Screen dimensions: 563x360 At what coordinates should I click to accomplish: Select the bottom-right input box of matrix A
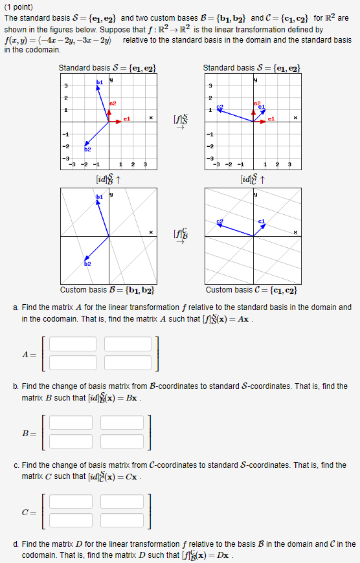pyautogui.click(x=127, y=362)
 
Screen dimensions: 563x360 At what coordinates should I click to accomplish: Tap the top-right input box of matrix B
pyautogui.click(x=124, y=423)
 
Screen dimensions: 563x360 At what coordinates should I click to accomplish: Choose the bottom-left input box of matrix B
pyautogui.click(x=69, y=441)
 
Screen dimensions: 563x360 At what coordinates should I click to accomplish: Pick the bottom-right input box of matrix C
pyautogui.click(x=123, y=520)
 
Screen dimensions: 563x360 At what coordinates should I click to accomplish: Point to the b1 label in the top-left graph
pyautogui.click(x=99, y=82)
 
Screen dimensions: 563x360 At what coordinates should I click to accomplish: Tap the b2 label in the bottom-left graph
pyautogui.click(x=87, y=264)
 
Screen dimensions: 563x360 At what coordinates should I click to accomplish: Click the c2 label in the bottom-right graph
pyautogui.click(x=220, y=222)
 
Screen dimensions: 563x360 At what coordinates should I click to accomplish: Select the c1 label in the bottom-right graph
pyautogui.click(x=261, y=222)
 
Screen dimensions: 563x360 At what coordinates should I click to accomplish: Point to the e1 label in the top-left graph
pyautogui.click(x=127, y=118)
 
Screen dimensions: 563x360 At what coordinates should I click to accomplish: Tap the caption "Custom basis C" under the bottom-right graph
pyautogui.click(x=249, y=290)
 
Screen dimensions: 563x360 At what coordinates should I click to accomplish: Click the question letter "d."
pyautogui.click(x=16, y=544)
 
